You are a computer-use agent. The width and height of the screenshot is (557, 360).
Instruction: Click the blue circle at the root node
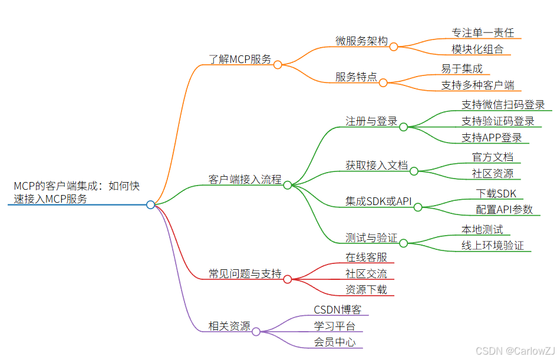(x=150, y=204)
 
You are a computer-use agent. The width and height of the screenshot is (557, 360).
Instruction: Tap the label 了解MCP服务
(x=240, y=59)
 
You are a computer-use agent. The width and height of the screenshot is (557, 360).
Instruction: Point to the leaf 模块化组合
(x=477, y=49)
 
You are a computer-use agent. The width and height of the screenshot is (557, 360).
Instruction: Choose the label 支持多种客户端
(x=477, y=85)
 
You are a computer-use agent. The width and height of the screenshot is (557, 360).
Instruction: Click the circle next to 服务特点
(x=383, y=83)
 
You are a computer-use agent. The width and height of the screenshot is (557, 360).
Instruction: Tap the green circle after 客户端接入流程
(x=288, y=185)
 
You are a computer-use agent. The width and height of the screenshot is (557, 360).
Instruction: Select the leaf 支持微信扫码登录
(x=503, y=104)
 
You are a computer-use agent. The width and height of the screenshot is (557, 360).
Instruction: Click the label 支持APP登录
(x=492, y=138)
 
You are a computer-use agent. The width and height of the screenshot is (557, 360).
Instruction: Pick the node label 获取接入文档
(x=377, y=165)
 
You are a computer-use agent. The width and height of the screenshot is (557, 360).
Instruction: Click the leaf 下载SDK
(x=496, y=193)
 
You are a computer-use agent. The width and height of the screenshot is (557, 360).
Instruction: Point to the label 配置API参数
(x=504, y=209)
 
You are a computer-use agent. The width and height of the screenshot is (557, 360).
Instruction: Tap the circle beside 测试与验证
(x=404, y=242)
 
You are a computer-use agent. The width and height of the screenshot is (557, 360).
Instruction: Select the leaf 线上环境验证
(x=492, y=245)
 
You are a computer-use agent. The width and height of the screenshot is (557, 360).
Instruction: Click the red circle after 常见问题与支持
(x=287, y=279)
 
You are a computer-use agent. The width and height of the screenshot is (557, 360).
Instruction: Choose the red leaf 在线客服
(x=366, y=257)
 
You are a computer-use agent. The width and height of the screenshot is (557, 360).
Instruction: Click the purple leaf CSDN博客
(x=338, y=309)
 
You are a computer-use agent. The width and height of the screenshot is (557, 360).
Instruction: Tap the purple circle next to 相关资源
(x=256, y=332)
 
